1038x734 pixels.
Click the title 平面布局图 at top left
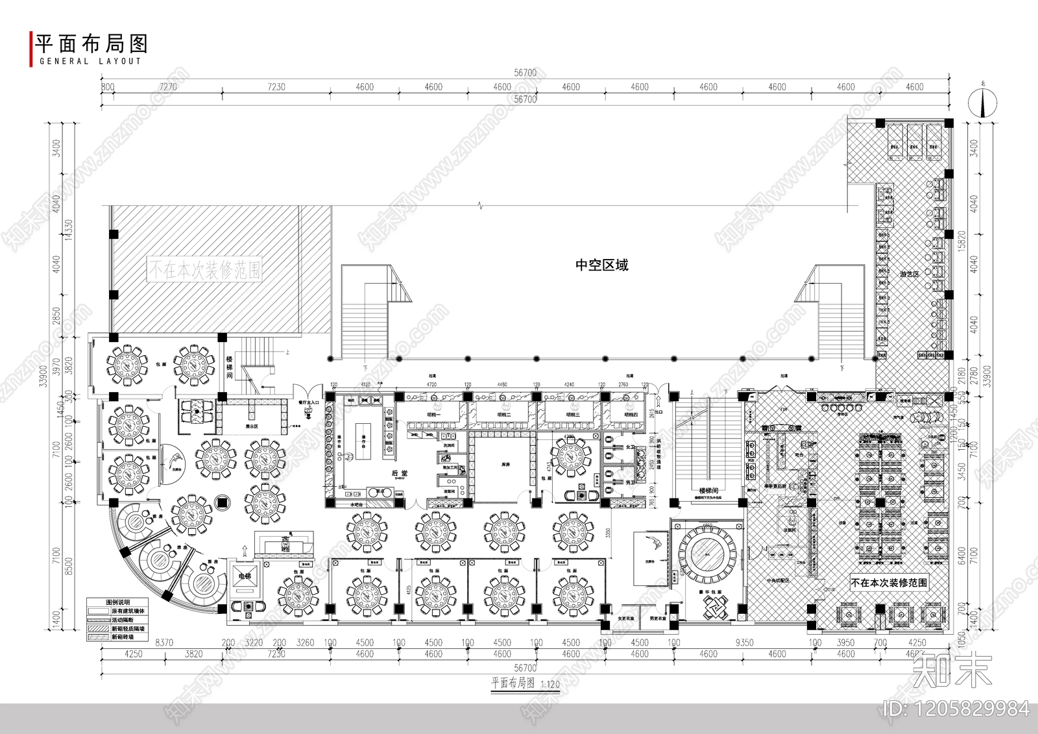91,43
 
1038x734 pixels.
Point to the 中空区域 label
602,265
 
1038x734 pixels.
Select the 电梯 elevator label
245,576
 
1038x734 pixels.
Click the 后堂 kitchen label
400,474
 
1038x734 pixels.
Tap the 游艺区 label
909,275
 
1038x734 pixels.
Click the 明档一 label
433,414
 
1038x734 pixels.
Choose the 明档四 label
631,414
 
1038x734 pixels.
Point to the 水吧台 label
357,504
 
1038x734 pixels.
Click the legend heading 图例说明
118,602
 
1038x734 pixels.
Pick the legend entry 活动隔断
123,620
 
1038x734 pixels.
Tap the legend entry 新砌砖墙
123,637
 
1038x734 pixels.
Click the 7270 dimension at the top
167,87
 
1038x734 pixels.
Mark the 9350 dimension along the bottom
744,642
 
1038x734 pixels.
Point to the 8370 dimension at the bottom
164,642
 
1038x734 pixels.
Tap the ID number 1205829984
957,709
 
